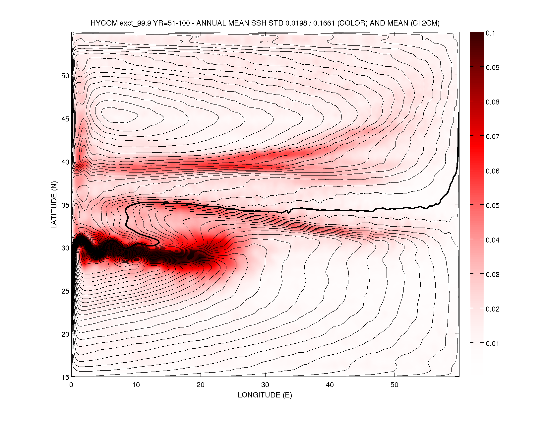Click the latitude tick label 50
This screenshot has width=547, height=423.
(x=65, y=76)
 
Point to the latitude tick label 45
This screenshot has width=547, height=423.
(x=65, y=119)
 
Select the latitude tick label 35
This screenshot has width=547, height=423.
(x=65, y=205)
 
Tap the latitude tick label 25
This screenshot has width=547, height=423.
(x=65, y=291)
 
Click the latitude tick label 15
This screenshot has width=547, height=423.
(x=65, y=377)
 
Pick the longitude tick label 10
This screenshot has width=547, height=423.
(x=136, y=385)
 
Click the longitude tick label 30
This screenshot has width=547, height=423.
(x=265, y=385)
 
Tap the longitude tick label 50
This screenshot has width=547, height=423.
(x=395, y=385)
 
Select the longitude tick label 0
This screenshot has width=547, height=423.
(x=71, y=385)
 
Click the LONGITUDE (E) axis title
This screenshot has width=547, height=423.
(x=265, y=395)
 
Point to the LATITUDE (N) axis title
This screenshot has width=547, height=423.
(x=54, y=204)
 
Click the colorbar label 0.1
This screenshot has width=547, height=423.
(x=490, y=33)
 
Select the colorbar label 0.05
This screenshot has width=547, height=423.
(x=492, y=205)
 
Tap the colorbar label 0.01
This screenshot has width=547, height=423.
(x=492, y=343)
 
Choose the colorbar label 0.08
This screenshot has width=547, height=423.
(x=492, y=102)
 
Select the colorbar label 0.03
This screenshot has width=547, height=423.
(x=492, y=274)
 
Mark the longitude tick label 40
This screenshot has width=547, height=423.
(x=330, y=385)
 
